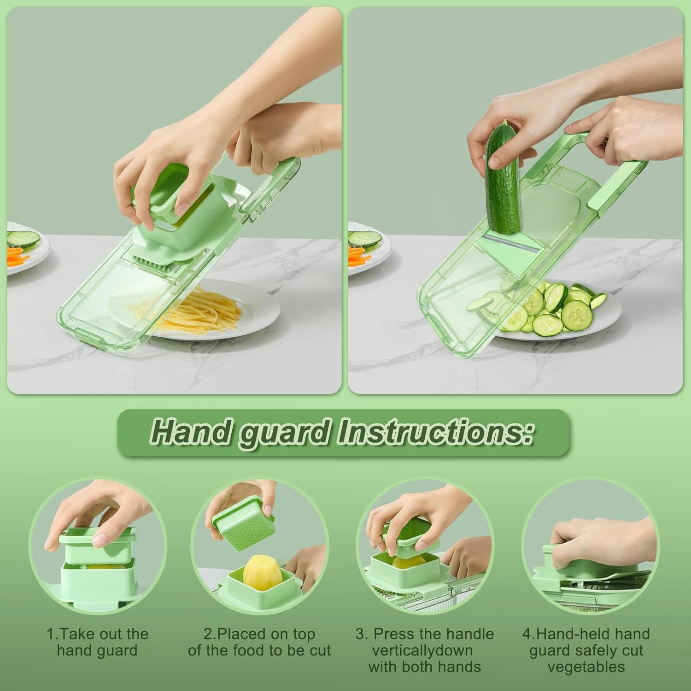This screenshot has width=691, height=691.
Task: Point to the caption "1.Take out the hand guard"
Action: click(98, 642)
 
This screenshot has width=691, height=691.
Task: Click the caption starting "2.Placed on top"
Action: click(259, 642)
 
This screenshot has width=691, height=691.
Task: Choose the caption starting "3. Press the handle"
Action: click(424, 650)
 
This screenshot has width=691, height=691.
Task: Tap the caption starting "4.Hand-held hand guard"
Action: click(586, 650)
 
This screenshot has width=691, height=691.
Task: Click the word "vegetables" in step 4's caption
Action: click(586, 666)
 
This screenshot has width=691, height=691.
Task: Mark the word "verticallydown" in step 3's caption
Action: click(422, 650)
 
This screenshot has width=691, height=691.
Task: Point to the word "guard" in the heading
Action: click(283, 433)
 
